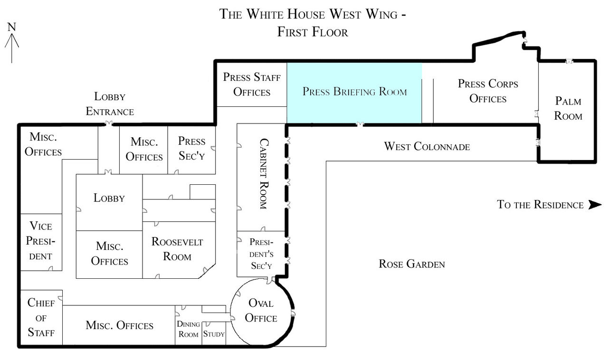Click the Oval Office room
point(261,311)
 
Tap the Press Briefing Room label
point(355,92)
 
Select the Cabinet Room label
point(262,174)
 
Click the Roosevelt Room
point(177,249)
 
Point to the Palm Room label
point(568,108)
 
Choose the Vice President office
point(41,241)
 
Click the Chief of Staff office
point(41,317)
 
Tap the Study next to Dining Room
point(214,333)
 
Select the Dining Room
point(188,329)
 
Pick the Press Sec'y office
point(192,148)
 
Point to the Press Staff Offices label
point(252,84)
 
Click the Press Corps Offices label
point(488,91)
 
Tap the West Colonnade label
point(427,146)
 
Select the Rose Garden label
point(412,264)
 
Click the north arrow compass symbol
point(12,43)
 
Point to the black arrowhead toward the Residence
point(595,205)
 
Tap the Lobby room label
point(109,198)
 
